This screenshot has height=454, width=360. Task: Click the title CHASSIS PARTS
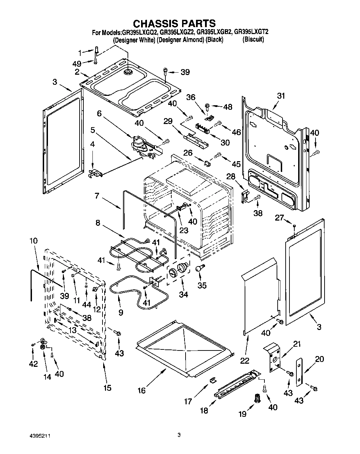click(174, 23)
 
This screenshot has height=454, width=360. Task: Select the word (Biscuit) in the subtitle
click(253, 39)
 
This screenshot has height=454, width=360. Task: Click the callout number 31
click(281, 96)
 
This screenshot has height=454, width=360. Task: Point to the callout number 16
click(141, 390)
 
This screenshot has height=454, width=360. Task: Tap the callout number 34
click(183, 294)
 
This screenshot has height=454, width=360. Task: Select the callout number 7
click(97, 196)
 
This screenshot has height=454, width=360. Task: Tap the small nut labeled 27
click(294, 226)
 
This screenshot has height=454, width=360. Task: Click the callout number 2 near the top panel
click(77, 72)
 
